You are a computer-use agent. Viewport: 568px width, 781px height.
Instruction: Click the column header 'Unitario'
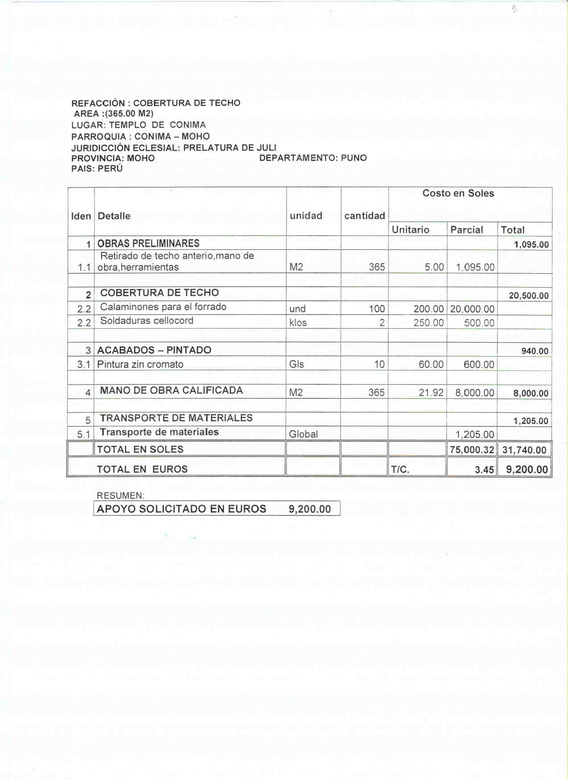[410, 230]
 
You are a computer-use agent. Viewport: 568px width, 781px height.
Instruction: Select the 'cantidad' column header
[364, 216]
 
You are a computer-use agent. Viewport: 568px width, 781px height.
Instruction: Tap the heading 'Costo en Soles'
[458, 193]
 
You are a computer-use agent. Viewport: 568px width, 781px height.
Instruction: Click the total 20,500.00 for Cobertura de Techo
[528, 296]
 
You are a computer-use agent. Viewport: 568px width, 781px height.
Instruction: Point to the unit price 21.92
[431, 393]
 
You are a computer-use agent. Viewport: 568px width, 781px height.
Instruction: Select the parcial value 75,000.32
[472, 450]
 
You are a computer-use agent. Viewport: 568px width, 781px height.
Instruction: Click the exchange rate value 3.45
[484, 470]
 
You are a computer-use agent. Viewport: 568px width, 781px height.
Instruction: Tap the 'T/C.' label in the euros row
[400, 470]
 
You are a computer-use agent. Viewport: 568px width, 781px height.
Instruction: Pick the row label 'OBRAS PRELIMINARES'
[148, 244]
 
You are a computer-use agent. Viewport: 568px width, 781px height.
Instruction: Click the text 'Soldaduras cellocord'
[147, 321]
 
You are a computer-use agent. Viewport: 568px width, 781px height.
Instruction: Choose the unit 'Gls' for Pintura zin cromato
[296, 364]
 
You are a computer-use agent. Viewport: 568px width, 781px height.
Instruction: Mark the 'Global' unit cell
[303, 434]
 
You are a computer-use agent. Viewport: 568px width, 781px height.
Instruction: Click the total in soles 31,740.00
[524, 450]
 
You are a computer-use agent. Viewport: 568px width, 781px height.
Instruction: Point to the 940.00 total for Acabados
[535, 351]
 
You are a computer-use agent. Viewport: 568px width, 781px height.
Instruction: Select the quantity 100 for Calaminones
[376, 309]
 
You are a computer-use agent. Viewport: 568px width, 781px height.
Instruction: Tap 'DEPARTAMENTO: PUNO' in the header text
[313, 158]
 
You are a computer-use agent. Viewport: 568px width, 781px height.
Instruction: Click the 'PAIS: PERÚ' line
[97, 169]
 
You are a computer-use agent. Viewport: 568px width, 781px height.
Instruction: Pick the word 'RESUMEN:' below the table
[120, 496]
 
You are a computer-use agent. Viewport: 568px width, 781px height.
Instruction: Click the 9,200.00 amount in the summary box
[310, 509]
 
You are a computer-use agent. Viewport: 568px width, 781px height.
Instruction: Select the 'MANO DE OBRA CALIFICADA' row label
[171, 390]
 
